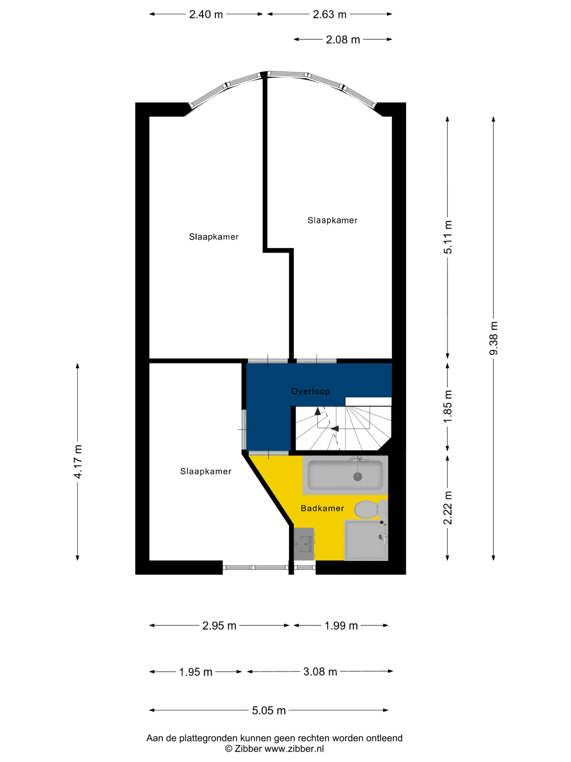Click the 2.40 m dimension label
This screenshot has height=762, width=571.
pyautogui.click(x=206, y=15)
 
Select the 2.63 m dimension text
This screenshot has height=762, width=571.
pyautogui.click(x=330, y=15)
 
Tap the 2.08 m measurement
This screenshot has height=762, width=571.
pyautogui.click(x=343, y=40)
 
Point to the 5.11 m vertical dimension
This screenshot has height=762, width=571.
pyautogui.click(x=448, y=237)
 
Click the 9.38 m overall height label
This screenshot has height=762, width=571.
pyautogui.click(x=494, y=338)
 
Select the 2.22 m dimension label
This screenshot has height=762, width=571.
pyautogui.click(x=448, y=508)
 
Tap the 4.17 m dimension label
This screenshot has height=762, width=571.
pyautogui.click(x=78, y=462)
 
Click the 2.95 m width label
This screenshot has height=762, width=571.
pyautogui.click(x=219, y=626)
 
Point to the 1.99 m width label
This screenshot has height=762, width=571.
pyautogui.click(x=341, y=626)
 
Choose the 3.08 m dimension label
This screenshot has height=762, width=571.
pyautogui.click(x=320, y=672)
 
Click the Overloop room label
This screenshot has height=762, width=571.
pyautogui.click(x=310, y=391)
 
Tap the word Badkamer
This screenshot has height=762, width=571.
pyautogui.click(x=322, y=508)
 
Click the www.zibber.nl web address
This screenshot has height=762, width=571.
pyautogui.click(x=294, y=749)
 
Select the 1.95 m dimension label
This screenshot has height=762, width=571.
pyautogui.click(x=195, y=672)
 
